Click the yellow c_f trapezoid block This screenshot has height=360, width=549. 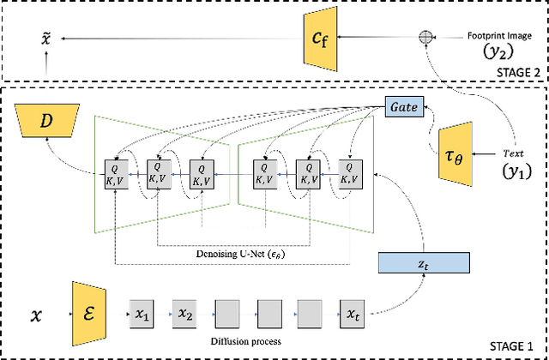pos(317,38)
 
